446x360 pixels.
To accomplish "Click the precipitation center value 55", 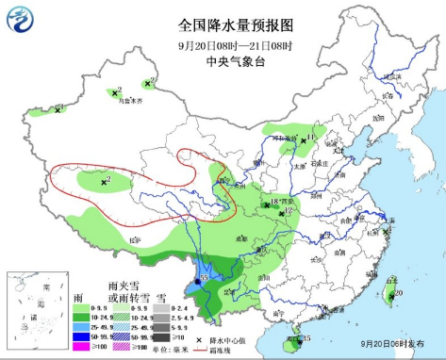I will (204, 279).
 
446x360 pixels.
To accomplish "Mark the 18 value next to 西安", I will (273, 202).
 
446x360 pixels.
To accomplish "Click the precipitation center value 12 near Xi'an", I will (287, 213).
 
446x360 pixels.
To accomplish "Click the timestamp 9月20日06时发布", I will (397, 346).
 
